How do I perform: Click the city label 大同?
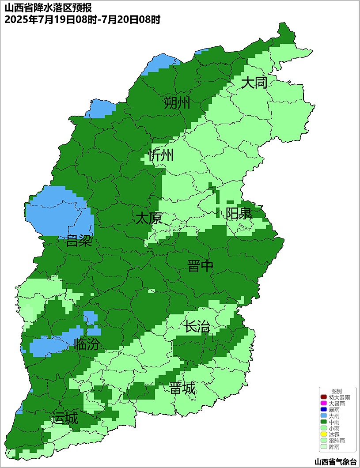254,83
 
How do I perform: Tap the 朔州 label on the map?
177,103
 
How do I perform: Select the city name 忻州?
161,155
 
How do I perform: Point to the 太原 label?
148,218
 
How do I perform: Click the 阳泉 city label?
239,213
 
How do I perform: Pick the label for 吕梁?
79,241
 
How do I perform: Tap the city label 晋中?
201,266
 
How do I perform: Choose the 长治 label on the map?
197,327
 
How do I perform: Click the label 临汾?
87,344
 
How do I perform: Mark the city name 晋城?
182,389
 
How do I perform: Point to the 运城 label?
64,418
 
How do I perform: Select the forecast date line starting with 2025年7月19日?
82,19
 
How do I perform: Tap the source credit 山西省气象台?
335,462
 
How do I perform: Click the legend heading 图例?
337,392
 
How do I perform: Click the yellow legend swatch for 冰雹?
324,435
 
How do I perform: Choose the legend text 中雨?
334,423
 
